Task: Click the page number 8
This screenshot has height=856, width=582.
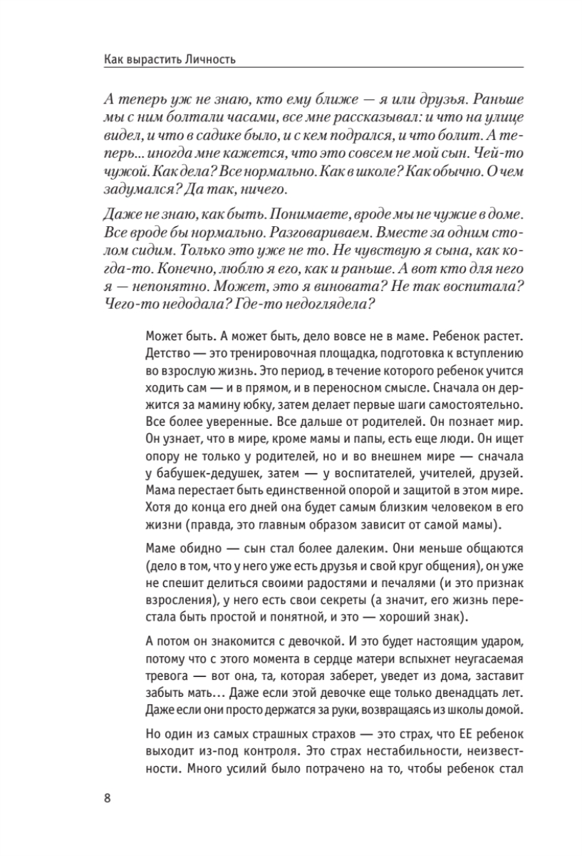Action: tap(107, 797)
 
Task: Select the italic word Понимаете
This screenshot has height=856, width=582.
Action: tap(287, 214)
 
